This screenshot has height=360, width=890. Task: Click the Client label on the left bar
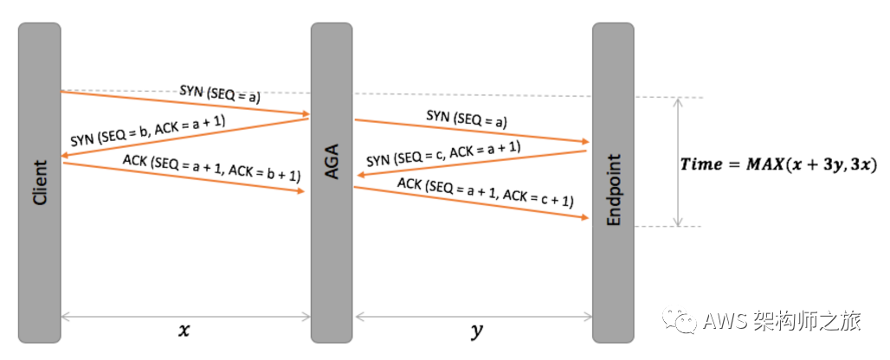39,184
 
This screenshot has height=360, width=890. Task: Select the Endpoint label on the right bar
614,190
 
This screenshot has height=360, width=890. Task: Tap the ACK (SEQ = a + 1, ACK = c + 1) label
485,191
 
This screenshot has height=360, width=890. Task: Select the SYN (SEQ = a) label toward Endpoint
466,119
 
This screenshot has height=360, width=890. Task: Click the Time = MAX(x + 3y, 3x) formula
778,164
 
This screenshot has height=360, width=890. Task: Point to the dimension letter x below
183,330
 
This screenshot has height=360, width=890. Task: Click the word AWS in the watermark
719,322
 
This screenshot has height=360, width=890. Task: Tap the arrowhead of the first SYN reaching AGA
305,114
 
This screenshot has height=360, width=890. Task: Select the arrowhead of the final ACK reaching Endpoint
585,218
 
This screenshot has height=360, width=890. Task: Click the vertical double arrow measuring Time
679,162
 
